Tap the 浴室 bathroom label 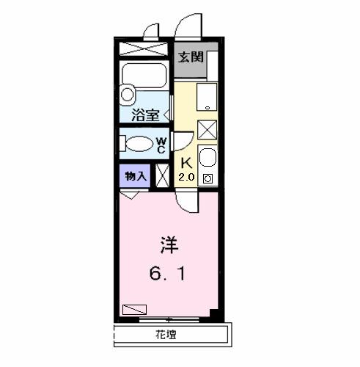(144, 115)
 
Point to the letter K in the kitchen (186, 163)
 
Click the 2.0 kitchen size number (186, 177)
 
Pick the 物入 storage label (135, 176)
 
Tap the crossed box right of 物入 (163, 177)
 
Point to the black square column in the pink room (213, 313)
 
